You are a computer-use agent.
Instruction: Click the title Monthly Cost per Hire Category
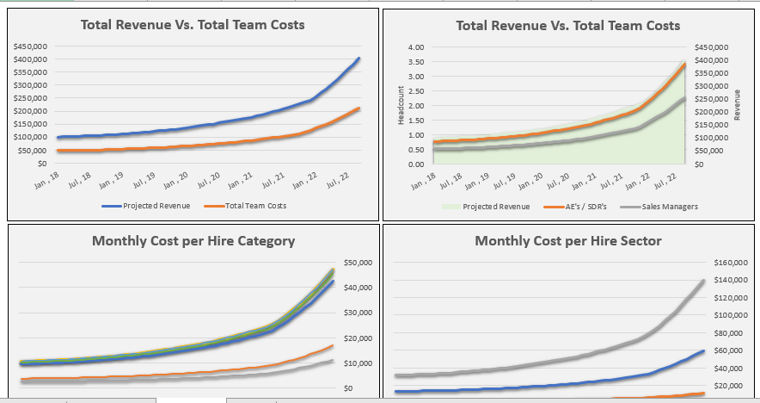pos(193,241)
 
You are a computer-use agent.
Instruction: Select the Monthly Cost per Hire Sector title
pos(568,241)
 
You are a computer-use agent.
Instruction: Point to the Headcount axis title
pos(401,105)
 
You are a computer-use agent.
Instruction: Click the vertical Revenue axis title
pos(737,105)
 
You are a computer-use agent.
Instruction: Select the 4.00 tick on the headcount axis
pos(416,47)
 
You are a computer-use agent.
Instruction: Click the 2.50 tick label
pos(416,91)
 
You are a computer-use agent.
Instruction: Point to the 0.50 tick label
pos(416,150)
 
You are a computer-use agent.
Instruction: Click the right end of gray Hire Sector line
pos(703,281)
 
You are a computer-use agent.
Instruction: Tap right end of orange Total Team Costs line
pos(359,108)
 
